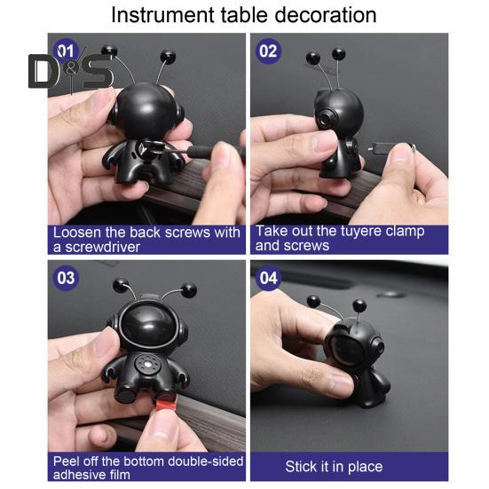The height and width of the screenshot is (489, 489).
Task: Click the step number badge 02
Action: pyautogui.click(x=268, y=51)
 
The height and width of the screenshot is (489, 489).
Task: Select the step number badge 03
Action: pyautogui.click(x=67, y=278)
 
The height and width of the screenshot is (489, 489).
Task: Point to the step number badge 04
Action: pyautogui.click(x=268, y=278)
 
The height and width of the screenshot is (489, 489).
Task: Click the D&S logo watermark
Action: pyautogui.click(x=71, y=71)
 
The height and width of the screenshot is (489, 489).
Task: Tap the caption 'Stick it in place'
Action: pyautogui.click(x=334, y=467)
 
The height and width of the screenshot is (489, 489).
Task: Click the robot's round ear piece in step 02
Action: pyautogui.click(x=322, y=119)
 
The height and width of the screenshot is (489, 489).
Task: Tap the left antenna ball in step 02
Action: pyautogui.click(x=312, y=58)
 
